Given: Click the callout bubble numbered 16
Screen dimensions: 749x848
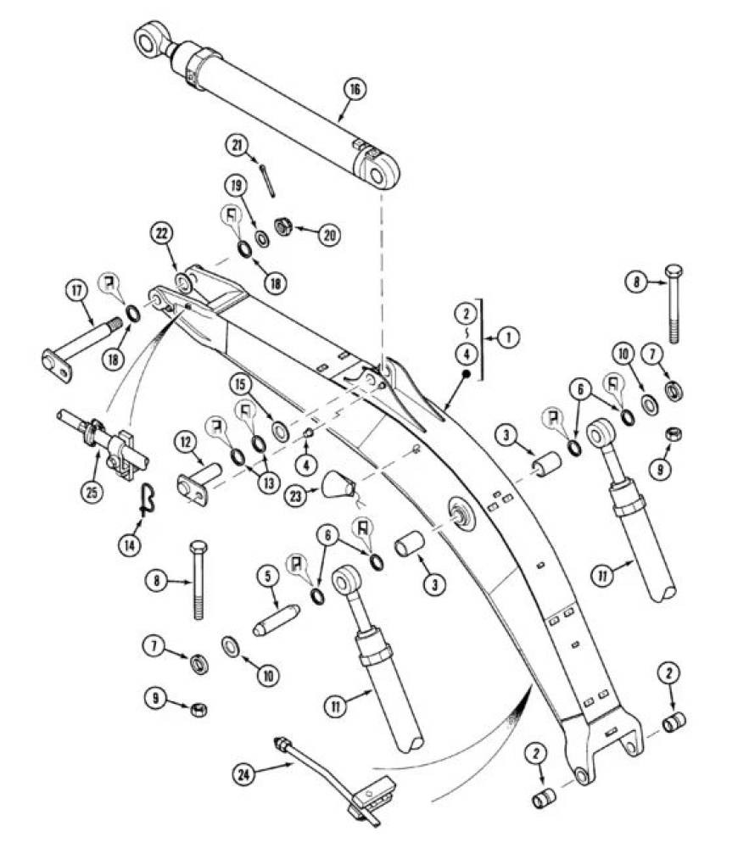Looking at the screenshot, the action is click(355, 89).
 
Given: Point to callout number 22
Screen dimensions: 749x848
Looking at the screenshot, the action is click(162, 234).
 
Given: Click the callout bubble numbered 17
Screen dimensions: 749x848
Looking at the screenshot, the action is click(77, 291).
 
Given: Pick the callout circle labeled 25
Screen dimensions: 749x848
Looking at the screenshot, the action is click(92, 493).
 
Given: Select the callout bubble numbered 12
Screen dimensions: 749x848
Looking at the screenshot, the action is click(186, 443).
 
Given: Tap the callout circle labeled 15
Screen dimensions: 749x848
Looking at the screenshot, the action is click(241, 384).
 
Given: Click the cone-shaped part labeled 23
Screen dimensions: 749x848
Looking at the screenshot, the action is click(337, 484).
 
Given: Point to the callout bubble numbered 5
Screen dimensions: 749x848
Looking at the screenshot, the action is click(268, 577).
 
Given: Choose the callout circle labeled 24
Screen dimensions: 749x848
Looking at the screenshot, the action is click(244, 774).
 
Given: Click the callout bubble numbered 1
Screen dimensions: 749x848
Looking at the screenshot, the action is click(508, 337).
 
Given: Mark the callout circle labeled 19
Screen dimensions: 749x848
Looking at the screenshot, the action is click(237, 186).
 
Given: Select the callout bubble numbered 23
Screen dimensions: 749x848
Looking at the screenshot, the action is click(296, 496).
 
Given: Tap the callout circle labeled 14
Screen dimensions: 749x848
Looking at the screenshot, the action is click(130, 545).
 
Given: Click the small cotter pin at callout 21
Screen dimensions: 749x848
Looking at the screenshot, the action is click(266, 181).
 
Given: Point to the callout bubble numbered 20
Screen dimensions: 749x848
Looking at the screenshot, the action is click(329, 235).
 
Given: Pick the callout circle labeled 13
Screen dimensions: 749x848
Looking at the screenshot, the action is click(269, 483).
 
